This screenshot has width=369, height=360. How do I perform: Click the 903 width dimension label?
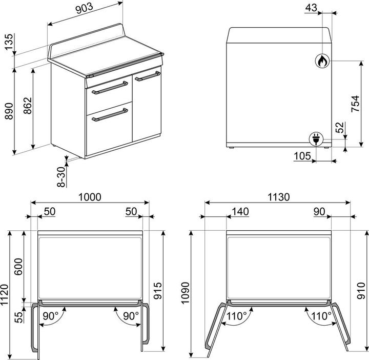tap(84, 8)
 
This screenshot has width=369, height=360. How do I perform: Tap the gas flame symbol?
tap(322, 61)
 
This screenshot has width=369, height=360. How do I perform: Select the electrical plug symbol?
tap(316, 139)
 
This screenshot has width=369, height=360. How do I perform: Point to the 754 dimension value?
tap(355, 104)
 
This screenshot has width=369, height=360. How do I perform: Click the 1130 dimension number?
tap(278, 197)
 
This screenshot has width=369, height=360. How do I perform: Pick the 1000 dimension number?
tap(90, 197)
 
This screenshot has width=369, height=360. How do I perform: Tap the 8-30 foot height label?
tap(61, 177)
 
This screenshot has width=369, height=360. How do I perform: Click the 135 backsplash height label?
tap(9, 42)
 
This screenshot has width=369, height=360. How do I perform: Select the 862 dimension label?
tap(28, 106)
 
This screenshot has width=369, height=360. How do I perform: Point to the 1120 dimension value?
tap(5, 294)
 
